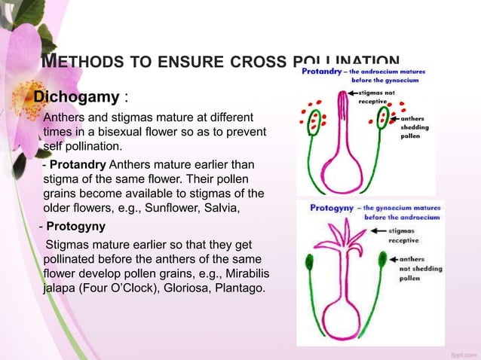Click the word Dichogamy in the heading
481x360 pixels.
(75, 98)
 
